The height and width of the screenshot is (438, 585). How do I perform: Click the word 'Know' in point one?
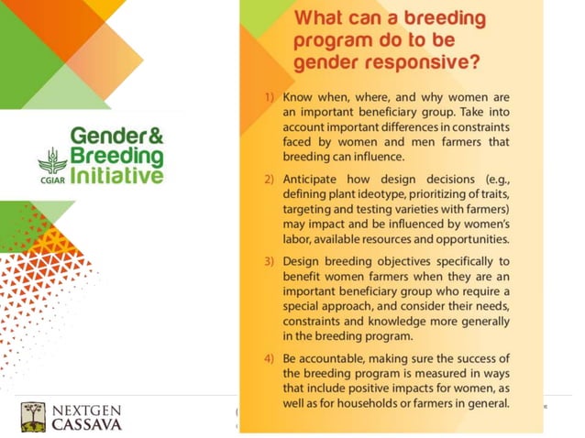[x=299, y=98]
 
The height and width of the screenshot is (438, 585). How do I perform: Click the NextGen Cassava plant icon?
[x=34, y=413]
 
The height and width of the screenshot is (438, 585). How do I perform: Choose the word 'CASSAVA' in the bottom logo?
[x=85, y=424]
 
